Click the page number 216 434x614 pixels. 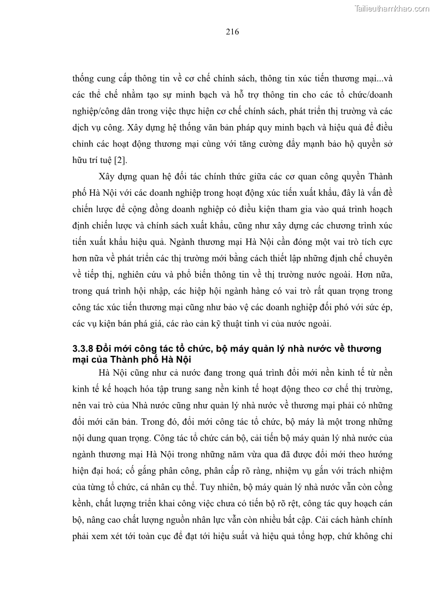coord(232,31)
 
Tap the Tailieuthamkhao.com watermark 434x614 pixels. coord(392,8)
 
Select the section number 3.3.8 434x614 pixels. coord(86,349)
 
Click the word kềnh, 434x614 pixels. coord(84,504)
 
